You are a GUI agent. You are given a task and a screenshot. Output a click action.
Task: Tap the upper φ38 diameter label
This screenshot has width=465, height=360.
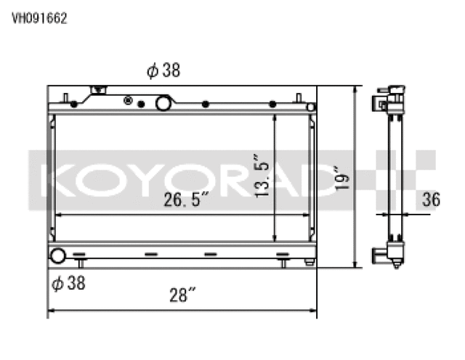tap(163, 70)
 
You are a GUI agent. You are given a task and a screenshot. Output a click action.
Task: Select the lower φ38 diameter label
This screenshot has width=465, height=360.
tap(68, 284)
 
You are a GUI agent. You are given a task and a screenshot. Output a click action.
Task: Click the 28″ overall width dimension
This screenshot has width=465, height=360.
tap(182, 296)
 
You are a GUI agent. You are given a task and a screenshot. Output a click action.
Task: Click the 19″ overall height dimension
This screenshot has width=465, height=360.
tap(342, 178)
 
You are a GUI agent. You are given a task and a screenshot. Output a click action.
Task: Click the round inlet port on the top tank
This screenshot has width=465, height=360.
tap(163, 104)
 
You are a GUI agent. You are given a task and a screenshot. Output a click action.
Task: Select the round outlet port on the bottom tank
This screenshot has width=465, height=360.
tap(57, 255)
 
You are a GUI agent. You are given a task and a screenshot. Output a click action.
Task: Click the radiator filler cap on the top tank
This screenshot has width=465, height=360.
tap(97, 92)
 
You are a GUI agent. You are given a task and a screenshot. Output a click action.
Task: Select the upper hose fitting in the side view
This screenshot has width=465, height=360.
tap(379, 101)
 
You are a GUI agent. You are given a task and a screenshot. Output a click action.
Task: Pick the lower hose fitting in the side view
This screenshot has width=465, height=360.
tap(379, 255)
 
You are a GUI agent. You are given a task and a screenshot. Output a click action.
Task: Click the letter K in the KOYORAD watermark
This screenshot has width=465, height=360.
tap(55, 179)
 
